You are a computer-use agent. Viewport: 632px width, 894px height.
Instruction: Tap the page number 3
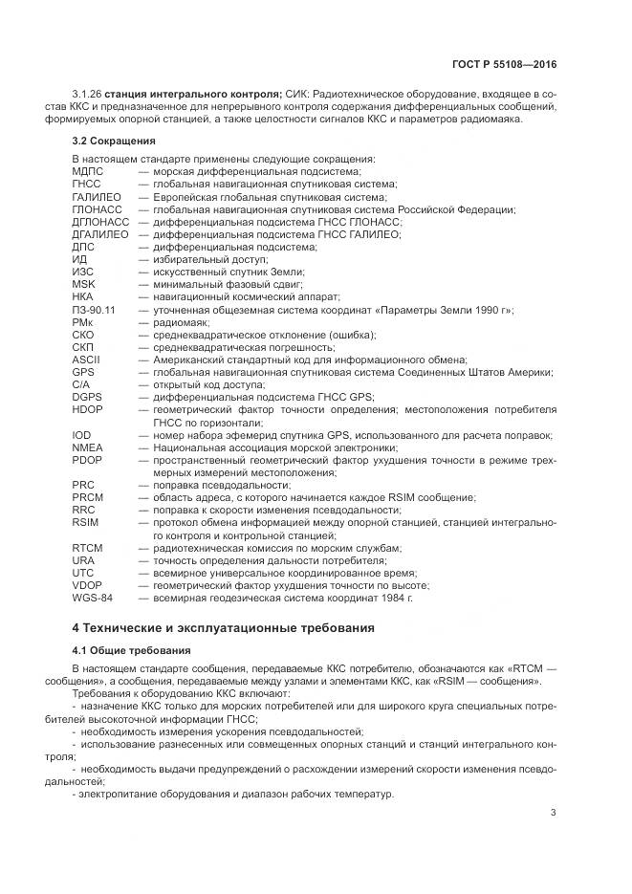(554, 813)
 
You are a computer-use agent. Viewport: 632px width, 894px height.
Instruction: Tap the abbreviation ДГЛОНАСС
(98, 222)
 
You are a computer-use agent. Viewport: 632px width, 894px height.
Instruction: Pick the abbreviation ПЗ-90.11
(94, 310)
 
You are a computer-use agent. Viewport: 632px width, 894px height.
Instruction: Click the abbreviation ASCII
(86, 360)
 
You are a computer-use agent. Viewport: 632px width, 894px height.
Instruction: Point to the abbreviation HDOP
(87, 409)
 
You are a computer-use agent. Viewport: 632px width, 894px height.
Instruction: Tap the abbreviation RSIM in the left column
(85, 523)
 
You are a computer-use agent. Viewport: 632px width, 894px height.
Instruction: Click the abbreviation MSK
(84, 285)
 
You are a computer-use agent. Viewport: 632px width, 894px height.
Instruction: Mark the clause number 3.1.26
(87, 92)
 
